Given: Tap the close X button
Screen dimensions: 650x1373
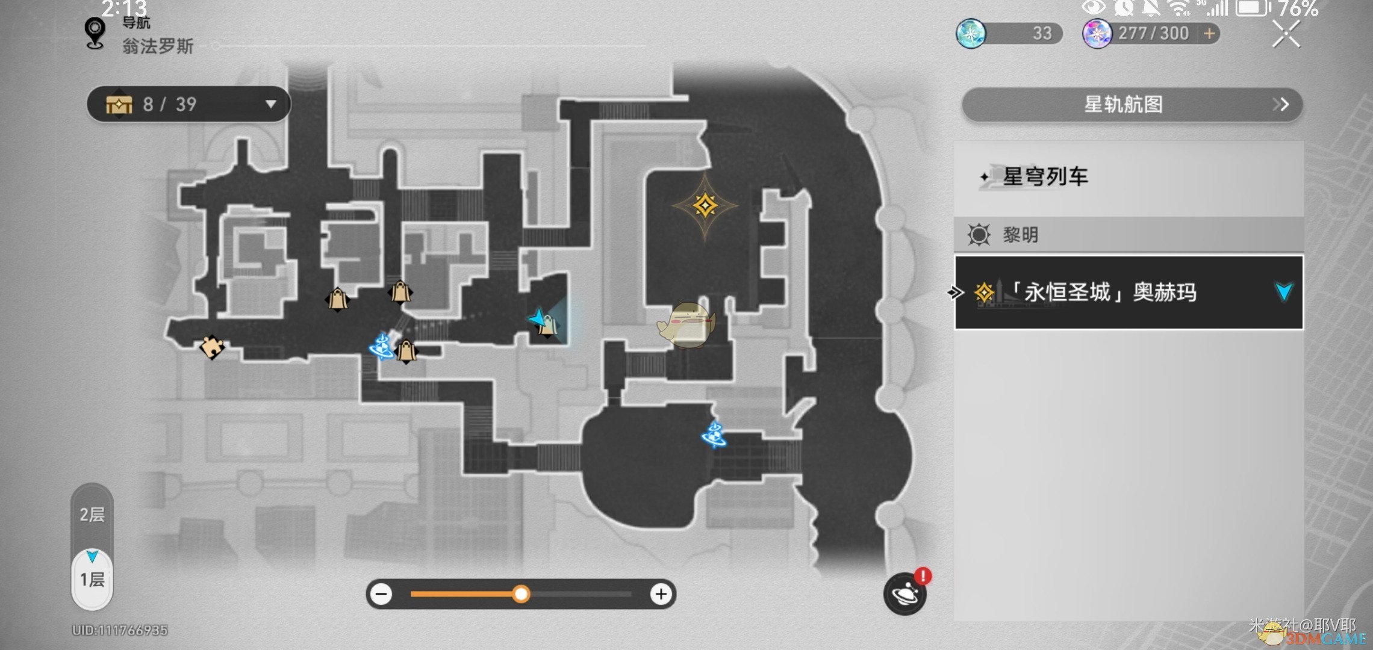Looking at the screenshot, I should click(x=1286, y=34).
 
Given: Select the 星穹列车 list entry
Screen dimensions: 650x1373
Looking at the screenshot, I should click(x=1045, y=177).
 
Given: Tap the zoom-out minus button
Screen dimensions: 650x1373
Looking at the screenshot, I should click(x=382, y=595).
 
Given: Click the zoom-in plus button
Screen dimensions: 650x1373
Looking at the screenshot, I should click(x=661, y=595).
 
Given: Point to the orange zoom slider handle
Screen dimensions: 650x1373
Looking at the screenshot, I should click(x=521, y=595).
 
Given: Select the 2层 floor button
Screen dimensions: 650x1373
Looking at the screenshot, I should click(x=92, y=515).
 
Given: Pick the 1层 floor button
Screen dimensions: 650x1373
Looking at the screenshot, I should click(x=92, y=580).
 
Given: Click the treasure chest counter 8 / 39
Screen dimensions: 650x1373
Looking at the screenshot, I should click(x=188, y=104).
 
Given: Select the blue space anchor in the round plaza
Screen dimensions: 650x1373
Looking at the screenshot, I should click(x=714, y=435).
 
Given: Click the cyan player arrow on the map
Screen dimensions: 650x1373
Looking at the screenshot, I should click(x=537, y=317).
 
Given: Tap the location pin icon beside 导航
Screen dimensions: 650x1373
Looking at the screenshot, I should click(x=95, y=32).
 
